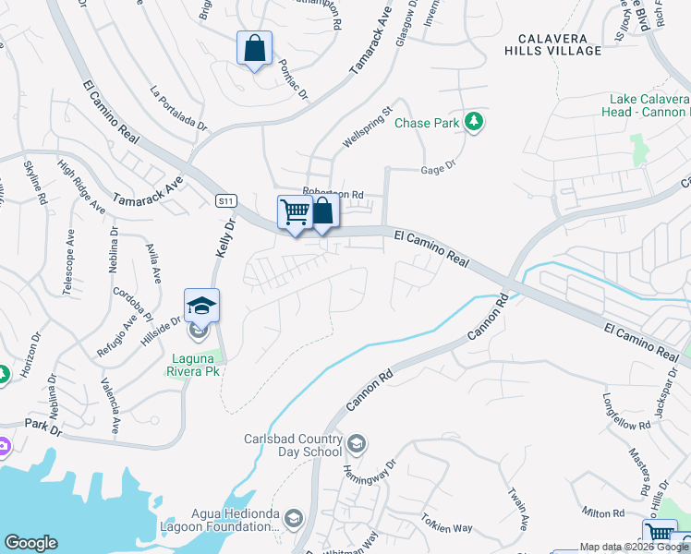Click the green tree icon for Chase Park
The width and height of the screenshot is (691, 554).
point(474,122)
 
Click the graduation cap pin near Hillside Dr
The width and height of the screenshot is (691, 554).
point(202,304)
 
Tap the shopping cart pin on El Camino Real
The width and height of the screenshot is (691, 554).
point(295,212)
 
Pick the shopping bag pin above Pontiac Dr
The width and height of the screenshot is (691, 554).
point(254,48)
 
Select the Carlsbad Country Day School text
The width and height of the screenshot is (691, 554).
point(293,446)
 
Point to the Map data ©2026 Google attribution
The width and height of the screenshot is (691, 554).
point(633,547)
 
